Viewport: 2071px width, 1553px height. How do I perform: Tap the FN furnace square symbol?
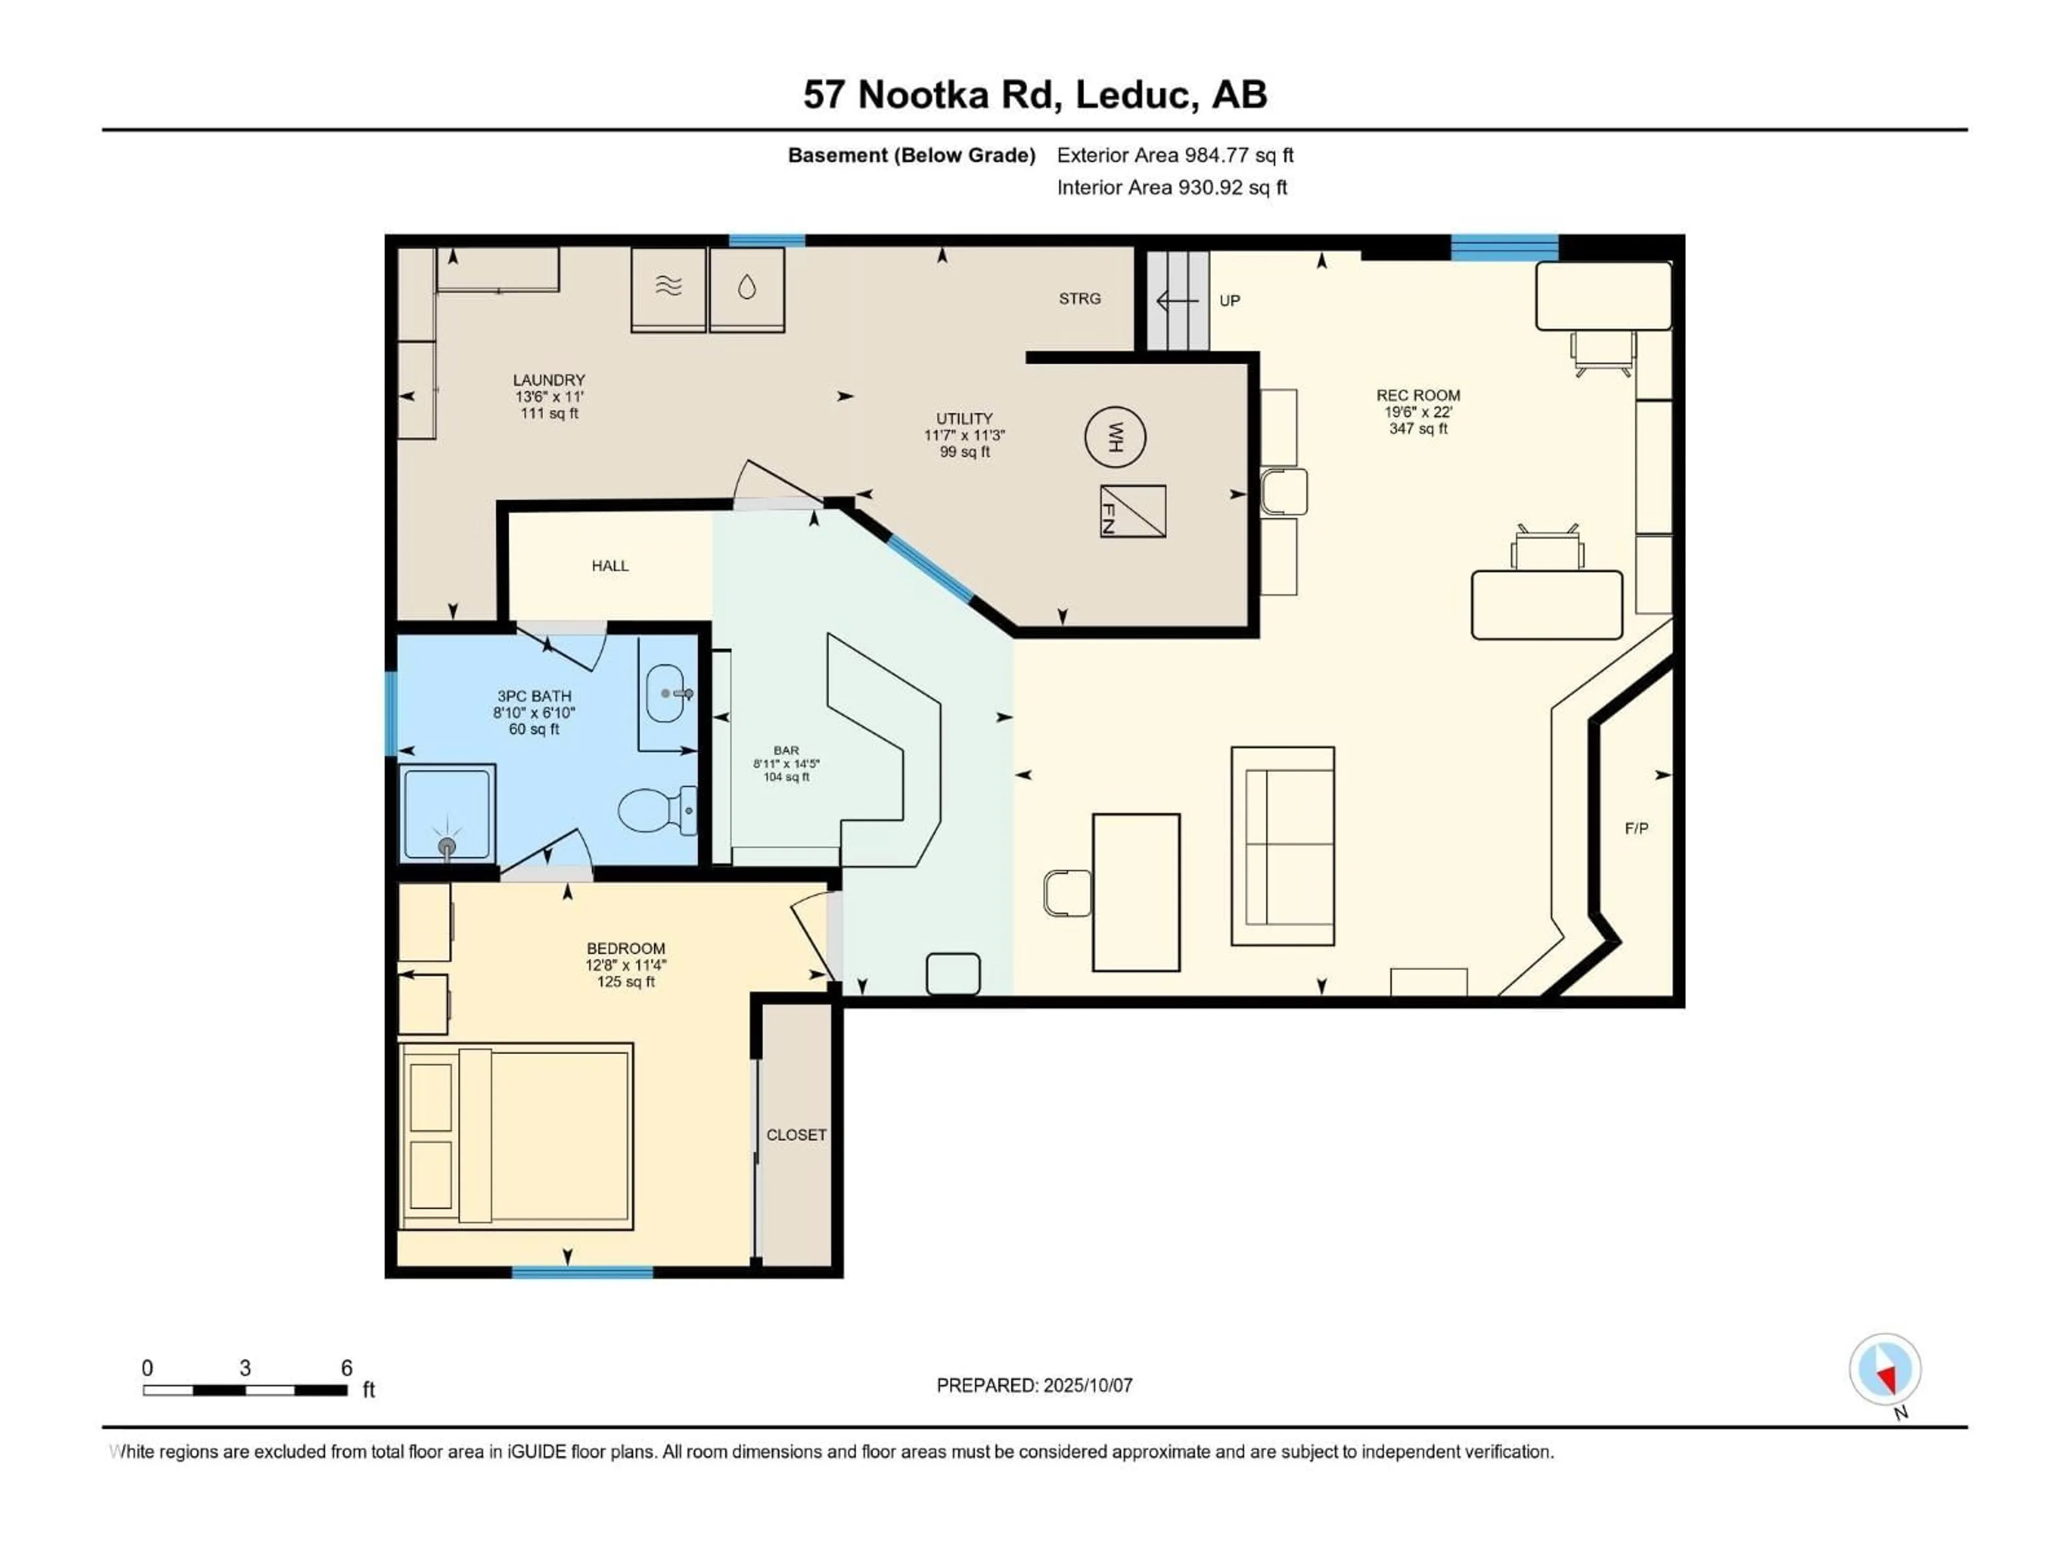(1133, 511)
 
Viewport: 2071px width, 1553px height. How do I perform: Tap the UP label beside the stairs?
(1229, 300)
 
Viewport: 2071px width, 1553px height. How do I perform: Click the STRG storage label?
(1080, 299)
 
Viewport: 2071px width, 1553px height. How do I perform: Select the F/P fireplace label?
(1637, 828)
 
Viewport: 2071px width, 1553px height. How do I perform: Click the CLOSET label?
(797, 1135)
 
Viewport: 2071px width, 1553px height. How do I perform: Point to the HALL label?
(611, 566)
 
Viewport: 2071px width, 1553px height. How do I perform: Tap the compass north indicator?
(1885, 1370)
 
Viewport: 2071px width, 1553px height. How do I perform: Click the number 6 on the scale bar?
(346, 1368)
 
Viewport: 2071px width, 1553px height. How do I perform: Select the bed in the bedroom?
(516, 1136)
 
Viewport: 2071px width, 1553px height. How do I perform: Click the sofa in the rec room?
(1283, 846)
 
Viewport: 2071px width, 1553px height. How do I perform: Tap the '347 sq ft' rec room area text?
(1418, 429)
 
